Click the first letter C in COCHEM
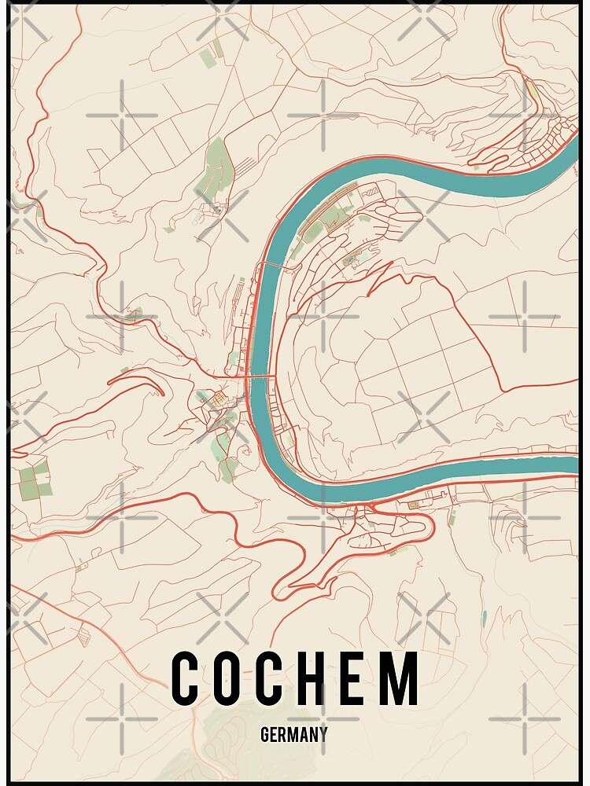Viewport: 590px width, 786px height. (187, 678)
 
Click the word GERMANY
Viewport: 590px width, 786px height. (293, 735)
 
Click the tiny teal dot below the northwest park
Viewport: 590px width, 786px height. (217, 211)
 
